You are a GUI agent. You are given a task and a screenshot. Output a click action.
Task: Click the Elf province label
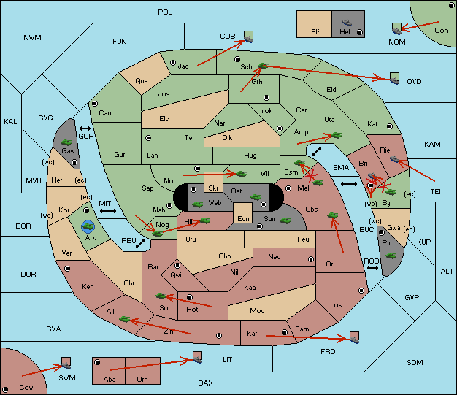pos(315,31)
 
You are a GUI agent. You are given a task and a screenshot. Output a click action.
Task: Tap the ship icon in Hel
pos(347,23)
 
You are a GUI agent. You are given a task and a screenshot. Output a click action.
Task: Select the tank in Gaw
pos(66,142)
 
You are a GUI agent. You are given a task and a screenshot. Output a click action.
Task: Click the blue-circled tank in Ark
pos(88,226)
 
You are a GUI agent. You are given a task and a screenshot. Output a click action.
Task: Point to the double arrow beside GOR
pos(85,129)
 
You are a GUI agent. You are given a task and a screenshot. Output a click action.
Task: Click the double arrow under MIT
pos(108,211)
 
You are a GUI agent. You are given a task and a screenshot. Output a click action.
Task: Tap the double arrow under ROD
pos(372,268)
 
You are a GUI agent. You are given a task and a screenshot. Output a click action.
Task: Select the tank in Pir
pos(391,256)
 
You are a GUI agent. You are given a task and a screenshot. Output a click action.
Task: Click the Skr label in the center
pos(213,188)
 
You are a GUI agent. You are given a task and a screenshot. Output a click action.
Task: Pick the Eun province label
pos(243,218)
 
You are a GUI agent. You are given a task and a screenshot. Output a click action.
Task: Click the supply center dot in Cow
pos(5,390)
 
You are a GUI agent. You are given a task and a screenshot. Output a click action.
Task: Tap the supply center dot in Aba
pos(97,362)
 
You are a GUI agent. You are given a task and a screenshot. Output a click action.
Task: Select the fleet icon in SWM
pos(66,364)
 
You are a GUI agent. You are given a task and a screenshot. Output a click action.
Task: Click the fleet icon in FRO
pos(354,338)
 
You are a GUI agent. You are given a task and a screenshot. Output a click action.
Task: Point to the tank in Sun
pos(285,220)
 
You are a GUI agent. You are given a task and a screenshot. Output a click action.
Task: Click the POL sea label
pos(165,12)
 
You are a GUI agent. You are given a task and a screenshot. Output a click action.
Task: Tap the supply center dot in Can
pos(95,104)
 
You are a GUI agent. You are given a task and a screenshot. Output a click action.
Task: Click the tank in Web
pos(197,204)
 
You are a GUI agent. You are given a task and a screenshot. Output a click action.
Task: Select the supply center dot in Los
pos(361,291)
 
